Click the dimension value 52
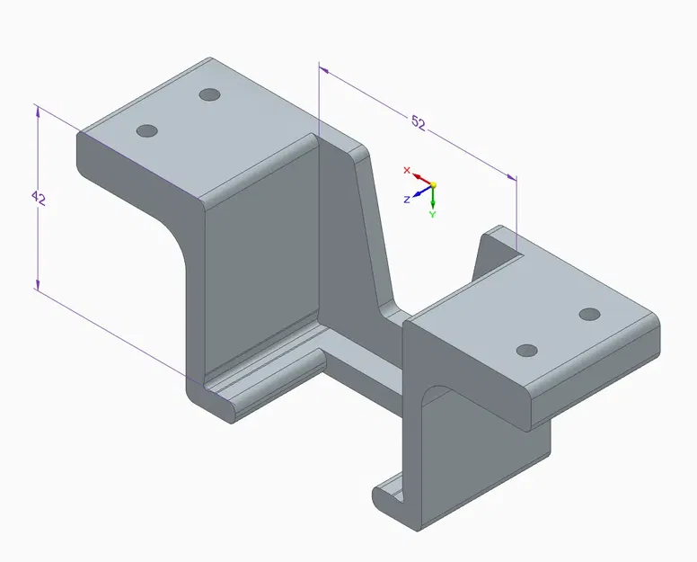(418, 123)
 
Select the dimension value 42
(38, 199)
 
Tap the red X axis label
(407, 170)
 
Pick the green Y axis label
(432, 215)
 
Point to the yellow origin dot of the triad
(432, 184)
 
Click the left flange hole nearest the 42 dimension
(146, 131)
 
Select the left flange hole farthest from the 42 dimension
(210, 94)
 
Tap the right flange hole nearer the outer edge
(589, 314)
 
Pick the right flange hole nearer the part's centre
(528, 349)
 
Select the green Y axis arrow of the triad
(432, 199)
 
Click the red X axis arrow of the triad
(420, 178)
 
